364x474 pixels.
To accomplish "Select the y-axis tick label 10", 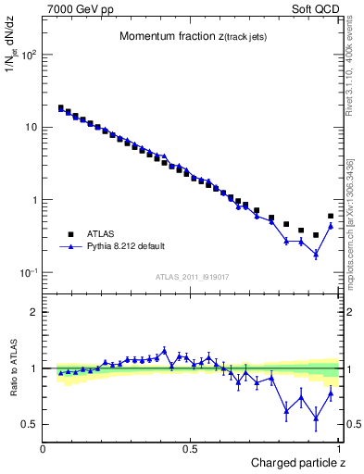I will (x=31, y=127).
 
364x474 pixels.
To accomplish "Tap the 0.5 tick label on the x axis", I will (x=190, y=448).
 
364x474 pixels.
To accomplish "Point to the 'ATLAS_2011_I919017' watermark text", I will (x=192, y=276).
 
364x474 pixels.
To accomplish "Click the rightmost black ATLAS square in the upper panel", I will (x=331, y=217).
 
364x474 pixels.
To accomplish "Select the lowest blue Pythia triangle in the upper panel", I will (x=316, y=254).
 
